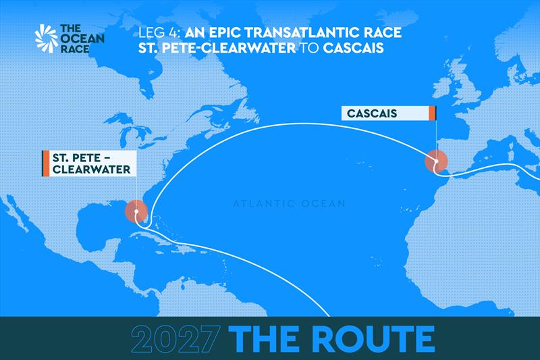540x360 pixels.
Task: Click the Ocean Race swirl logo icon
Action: click(47, 38)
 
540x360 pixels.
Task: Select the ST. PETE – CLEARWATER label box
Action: click(89, 163)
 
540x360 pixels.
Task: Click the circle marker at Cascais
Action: click(436, 162)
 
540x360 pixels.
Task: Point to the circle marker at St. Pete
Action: click(136, 211)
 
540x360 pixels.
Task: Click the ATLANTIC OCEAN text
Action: click(289, 203)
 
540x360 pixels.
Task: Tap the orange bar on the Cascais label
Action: click(432, 113)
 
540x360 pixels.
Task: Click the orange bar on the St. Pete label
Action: click(45, 163)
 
